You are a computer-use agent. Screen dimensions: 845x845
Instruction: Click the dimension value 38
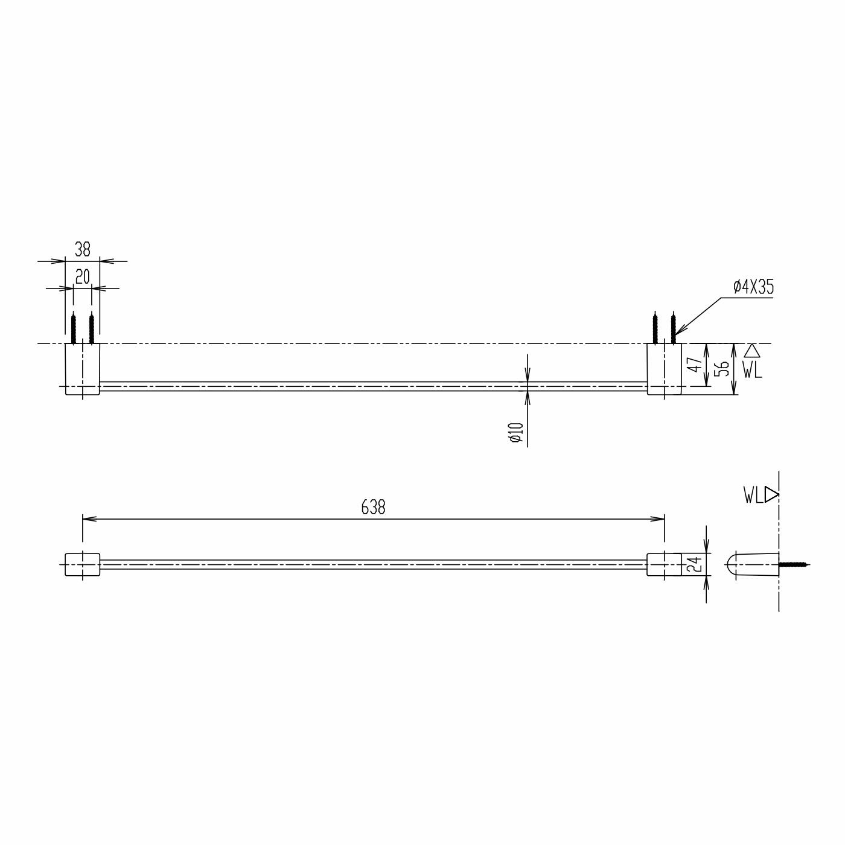tap(82, 249)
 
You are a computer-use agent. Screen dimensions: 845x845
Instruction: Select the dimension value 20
tap(82, 277)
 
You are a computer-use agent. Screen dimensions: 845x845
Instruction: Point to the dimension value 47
tap(695, 365)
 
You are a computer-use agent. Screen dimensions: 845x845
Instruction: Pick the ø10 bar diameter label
tap(516, 432)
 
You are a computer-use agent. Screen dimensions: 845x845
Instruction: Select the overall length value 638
tap(373, 508)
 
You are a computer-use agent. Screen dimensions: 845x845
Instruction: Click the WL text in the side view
tap(753, 496)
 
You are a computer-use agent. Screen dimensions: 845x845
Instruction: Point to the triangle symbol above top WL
tap(751, 351)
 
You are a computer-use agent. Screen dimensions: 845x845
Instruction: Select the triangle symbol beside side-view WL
tap(771, 495)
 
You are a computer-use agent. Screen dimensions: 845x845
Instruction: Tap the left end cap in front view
tap(82, 564)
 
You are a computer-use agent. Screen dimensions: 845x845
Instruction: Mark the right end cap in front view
tap(664, 564)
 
